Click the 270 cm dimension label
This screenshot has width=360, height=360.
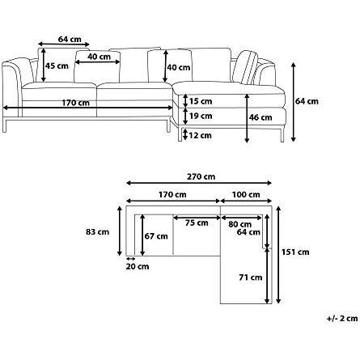(x=201, y=177)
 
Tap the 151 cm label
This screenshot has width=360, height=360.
(x=295, y=252)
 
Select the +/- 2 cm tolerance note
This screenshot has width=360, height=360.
(x=342, y=319)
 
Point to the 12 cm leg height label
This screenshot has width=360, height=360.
(x=200, y=135)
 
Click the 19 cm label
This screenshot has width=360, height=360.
(x=201, y=116)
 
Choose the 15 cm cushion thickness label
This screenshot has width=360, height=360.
(x=201, y=101)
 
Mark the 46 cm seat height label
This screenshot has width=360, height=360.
(x=260, y=117)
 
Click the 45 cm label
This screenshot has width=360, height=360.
(x=57, y=66)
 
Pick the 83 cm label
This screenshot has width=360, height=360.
(x=98, y=232)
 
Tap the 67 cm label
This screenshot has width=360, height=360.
(x=156, y=236)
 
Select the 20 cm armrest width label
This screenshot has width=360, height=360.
(x=138, y=267)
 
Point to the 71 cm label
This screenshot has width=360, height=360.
(x=251, y=277)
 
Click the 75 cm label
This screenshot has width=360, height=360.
(x=197, y=222)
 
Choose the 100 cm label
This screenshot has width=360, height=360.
(x=246, y=195)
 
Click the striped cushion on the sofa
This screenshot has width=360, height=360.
(x=246, y=67)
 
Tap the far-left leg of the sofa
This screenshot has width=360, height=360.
(x=5, y=125)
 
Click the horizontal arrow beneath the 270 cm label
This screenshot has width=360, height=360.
(x=199, y=183)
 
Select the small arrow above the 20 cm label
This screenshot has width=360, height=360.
(x=130, y=258)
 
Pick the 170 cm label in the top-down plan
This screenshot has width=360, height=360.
(x=172, y=195)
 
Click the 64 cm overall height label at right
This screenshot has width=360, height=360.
(x=307, y=101)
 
